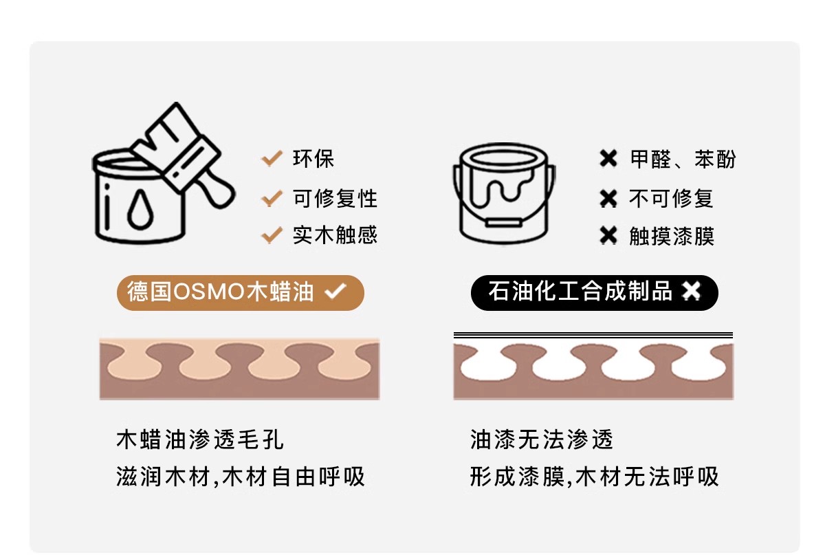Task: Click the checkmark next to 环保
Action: (x=272, y=158)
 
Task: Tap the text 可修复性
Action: (x=335, y=199)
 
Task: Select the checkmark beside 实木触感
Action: (x=272, y=235)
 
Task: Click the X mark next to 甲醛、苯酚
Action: (x=608, y=159)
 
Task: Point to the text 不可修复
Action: (x=671, y=199)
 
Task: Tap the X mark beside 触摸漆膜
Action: (x=608, y=235)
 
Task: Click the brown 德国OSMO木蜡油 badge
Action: (x=241, y=292)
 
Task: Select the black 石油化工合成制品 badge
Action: (x=595, y=292)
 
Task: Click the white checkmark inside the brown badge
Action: (x=335, y=291)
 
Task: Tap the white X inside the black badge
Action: (x=691, y=291)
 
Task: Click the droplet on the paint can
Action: (x=140, y=209)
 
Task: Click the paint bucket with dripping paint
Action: (x=504, y=193)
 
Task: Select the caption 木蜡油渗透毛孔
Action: (x=200, y=439)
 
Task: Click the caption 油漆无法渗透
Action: (x=542, y=439)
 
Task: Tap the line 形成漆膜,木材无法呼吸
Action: (x=594, y=477)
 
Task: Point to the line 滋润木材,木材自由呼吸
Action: (x=240, y=477)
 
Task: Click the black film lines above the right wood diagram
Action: (x=593, y=335)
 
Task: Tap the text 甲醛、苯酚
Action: (x=683, y=159)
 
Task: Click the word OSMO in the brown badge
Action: (x=209, y=292)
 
